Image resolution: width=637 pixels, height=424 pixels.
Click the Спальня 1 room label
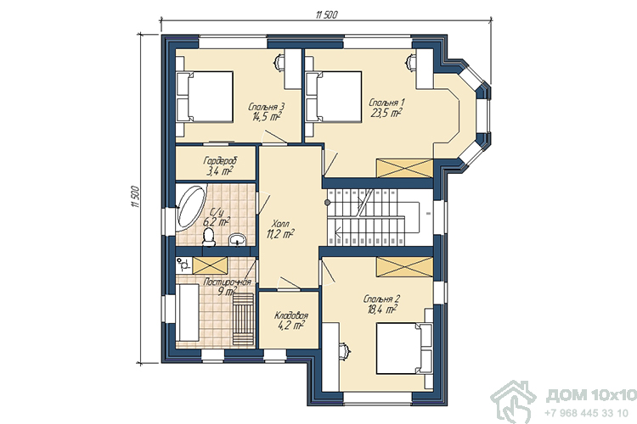(386, 103)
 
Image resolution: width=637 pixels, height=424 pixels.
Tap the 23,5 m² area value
(386, 113)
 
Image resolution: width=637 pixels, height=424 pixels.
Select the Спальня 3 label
(266, 107)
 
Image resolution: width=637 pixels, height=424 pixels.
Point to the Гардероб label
(220, 161)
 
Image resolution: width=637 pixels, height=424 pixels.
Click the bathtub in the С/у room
(191, 208)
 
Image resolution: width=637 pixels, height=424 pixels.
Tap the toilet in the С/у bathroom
(209, 237)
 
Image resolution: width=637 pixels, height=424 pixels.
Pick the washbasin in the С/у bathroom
(237, 240)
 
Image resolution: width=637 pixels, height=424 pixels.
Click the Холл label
(280, 224)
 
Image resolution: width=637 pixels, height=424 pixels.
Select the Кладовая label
(291, 315)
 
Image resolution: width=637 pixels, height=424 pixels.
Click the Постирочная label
(227, 282)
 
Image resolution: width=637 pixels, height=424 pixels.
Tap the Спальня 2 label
(381, 299)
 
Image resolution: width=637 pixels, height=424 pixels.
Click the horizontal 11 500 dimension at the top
(326, 15)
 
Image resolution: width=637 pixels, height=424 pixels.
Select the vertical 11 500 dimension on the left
(135, 197)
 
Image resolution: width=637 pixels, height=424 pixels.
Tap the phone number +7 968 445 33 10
(587, 413)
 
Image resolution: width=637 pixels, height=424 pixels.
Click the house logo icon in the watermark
(513, 402)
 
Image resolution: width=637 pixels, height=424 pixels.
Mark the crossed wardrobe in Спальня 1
(403, 169)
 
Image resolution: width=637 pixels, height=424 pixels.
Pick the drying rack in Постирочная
(243, 320)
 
